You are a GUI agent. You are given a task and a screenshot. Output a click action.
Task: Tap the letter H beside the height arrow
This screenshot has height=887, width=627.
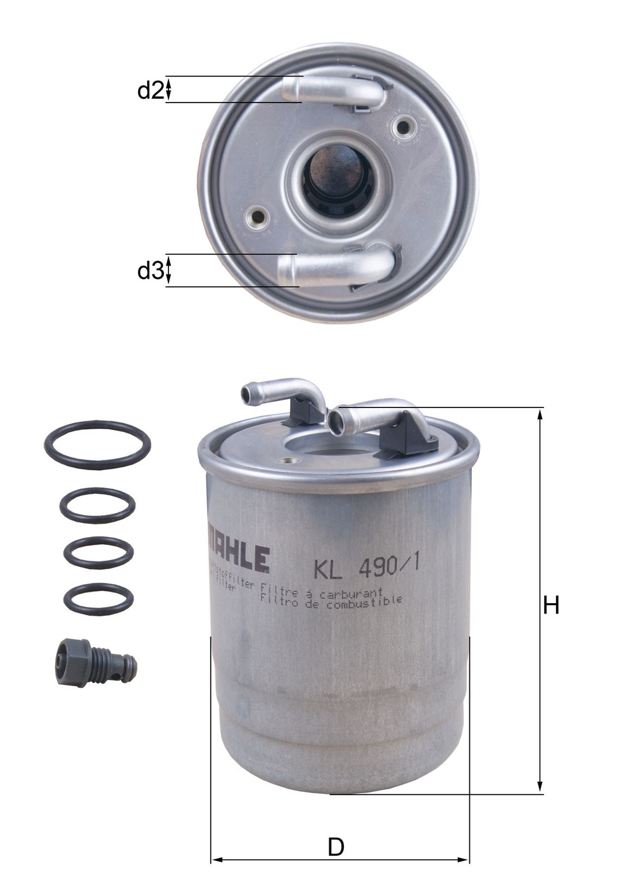tap(551, 606)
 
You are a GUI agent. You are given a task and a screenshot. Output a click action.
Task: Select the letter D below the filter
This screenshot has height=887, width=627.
tap(336, 847)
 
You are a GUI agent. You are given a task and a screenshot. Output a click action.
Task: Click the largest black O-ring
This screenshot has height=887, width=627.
tap(98, 443)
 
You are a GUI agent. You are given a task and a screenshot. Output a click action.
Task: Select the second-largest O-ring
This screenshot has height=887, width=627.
tap(98, 505)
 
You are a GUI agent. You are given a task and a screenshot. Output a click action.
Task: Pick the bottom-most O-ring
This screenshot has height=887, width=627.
tap(99, 599)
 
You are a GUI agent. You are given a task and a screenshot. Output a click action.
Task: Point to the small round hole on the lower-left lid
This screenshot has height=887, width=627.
tap(257, 217)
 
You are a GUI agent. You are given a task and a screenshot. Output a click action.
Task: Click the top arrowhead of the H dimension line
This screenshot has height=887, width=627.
tap(540, 414)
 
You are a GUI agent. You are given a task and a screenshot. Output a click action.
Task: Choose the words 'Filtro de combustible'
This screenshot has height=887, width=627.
tap(331, 603)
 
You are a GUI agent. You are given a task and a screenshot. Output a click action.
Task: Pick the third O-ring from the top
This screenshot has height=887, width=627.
tap(98, 552)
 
